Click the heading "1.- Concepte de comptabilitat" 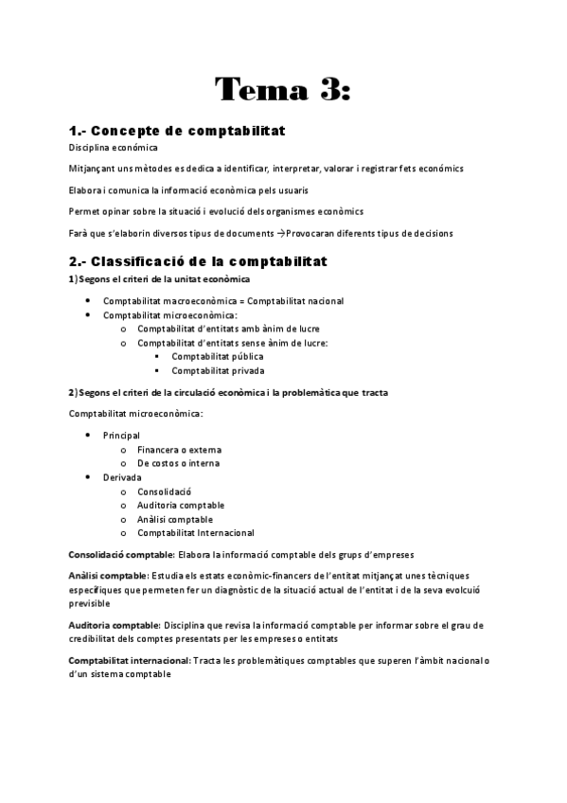pos(177,130)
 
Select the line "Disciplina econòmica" pos(114,148)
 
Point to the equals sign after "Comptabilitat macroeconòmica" pos(241,301)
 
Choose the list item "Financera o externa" pos(180,449)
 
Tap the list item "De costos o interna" pos(178,463)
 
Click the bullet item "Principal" pos(121,435)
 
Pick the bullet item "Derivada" pos(122,477)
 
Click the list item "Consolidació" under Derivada pos(164,491)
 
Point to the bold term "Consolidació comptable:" pos(121,554)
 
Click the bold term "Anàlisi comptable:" pos(109,575)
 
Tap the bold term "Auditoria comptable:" pos(114,625)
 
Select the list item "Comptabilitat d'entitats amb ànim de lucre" pos(227,329)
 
